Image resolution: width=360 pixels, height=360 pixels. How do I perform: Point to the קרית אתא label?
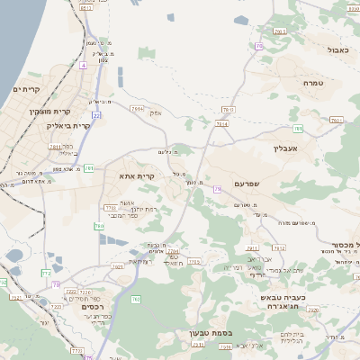138,176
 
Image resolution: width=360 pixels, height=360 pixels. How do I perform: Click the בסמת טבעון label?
211,333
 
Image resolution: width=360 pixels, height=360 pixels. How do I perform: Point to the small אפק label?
155,112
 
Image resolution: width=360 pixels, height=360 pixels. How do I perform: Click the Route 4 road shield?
84,66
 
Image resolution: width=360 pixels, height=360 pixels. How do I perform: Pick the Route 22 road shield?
96,115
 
